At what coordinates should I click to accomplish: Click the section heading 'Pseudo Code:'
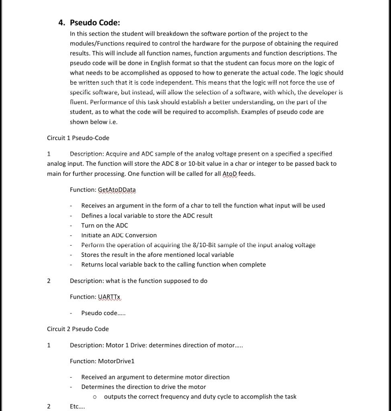[95, 23]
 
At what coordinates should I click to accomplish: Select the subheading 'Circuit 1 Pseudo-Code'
[78, 138]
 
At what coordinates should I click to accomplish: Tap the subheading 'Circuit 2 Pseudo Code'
[78, 329]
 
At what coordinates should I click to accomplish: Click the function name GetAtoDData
[117, 189]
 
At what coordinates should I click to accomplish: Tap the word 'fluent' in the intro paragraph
[77, 102]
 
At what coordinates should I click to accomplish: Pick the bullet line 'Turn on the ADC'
[104, 225]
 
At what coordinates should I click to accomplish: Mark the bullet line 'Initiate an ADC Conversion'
[119, 235]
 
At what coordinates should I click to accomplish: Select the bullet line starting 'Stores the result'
[157, 254]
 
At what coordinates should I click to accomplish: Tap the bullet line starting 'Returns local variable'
[173, 265]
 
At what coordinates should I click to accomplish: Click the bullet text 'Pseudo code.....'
[103, 313]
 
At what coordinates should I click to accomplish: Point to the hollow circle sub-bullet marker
[95, 397]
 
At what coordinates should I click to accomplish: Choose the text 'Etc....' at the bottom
[77, 406]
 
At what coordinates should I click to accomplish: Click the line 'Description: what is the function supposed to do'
[138, 281]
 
